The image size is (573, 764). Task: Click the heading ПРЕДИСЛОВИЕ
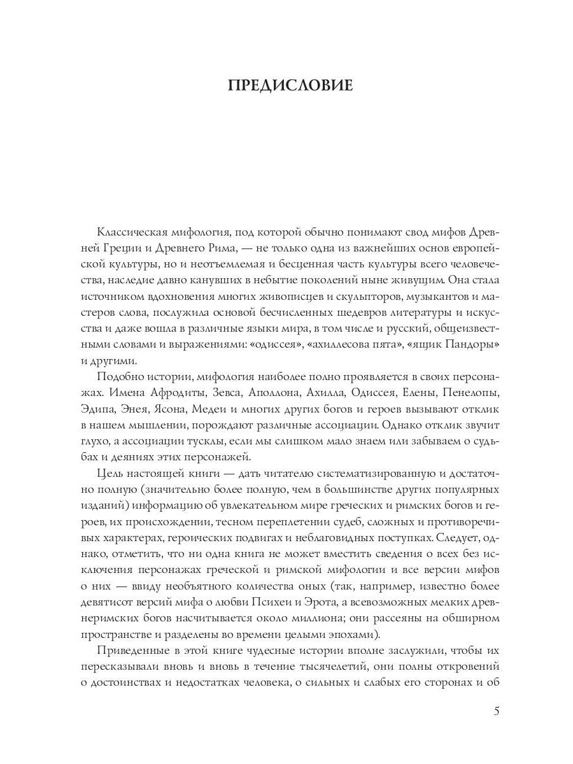[290, 86]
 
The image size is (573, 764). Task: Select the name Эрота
[336, 602]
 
